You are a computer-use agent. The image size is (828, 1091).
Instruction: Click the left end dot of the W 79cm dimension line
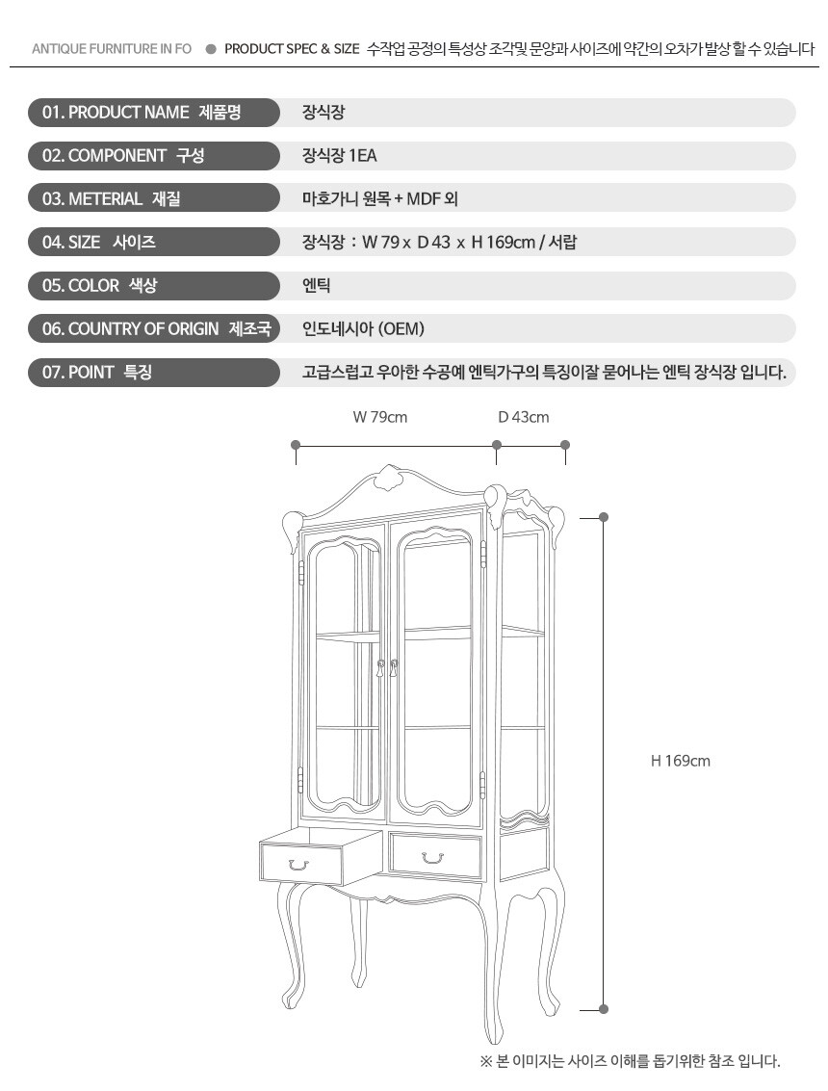click(296, 445)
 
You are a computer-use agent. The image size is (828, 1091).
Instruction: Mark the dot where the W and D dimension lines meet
click(497, 445)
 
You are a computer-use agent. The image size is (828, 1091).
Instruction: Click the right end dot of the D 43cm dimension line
click(565, 445)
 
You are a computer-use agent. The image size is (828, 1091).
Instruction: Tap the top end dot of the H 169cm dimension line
click(604, 517)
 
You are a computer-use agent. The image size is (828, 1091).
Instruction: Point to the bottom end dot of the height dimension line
click(604, 1009)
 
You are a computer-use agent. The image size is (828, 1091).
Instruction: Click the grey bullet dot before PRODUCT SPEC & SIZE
click(211, 49)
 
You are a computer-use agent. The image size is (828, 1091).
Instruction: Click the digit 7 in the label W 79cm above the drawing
click(375, 418)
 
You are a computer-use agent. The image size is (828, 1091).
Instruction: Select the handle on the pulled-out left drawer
click(298, 865)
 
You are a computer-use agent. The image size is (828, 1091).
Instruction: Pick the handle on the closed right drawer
click(433, 858)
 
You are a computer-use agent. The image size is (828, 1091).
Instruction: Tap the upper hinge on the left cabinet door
click(301, 572)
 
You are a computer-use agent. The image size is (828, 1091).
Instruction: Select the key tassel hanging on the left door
click(380, 669)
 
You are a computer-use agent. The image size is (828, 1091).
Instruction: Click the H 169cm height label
click(681, 761)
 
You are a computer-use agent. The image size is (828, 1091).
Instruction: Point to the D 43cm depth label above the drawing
click(523, 418)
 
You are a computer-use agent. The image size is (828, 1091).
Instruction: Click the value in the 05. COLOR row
click(317, 285)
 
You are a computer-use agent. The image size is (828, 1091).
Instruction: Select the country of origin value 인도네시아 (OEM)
click(363, 328)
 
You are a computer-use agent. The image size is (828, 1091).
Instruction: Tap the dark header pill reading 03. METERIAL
click(154, 198)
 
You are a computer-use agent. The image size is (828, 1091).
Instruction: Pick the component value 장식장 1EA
click(340, 155)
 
